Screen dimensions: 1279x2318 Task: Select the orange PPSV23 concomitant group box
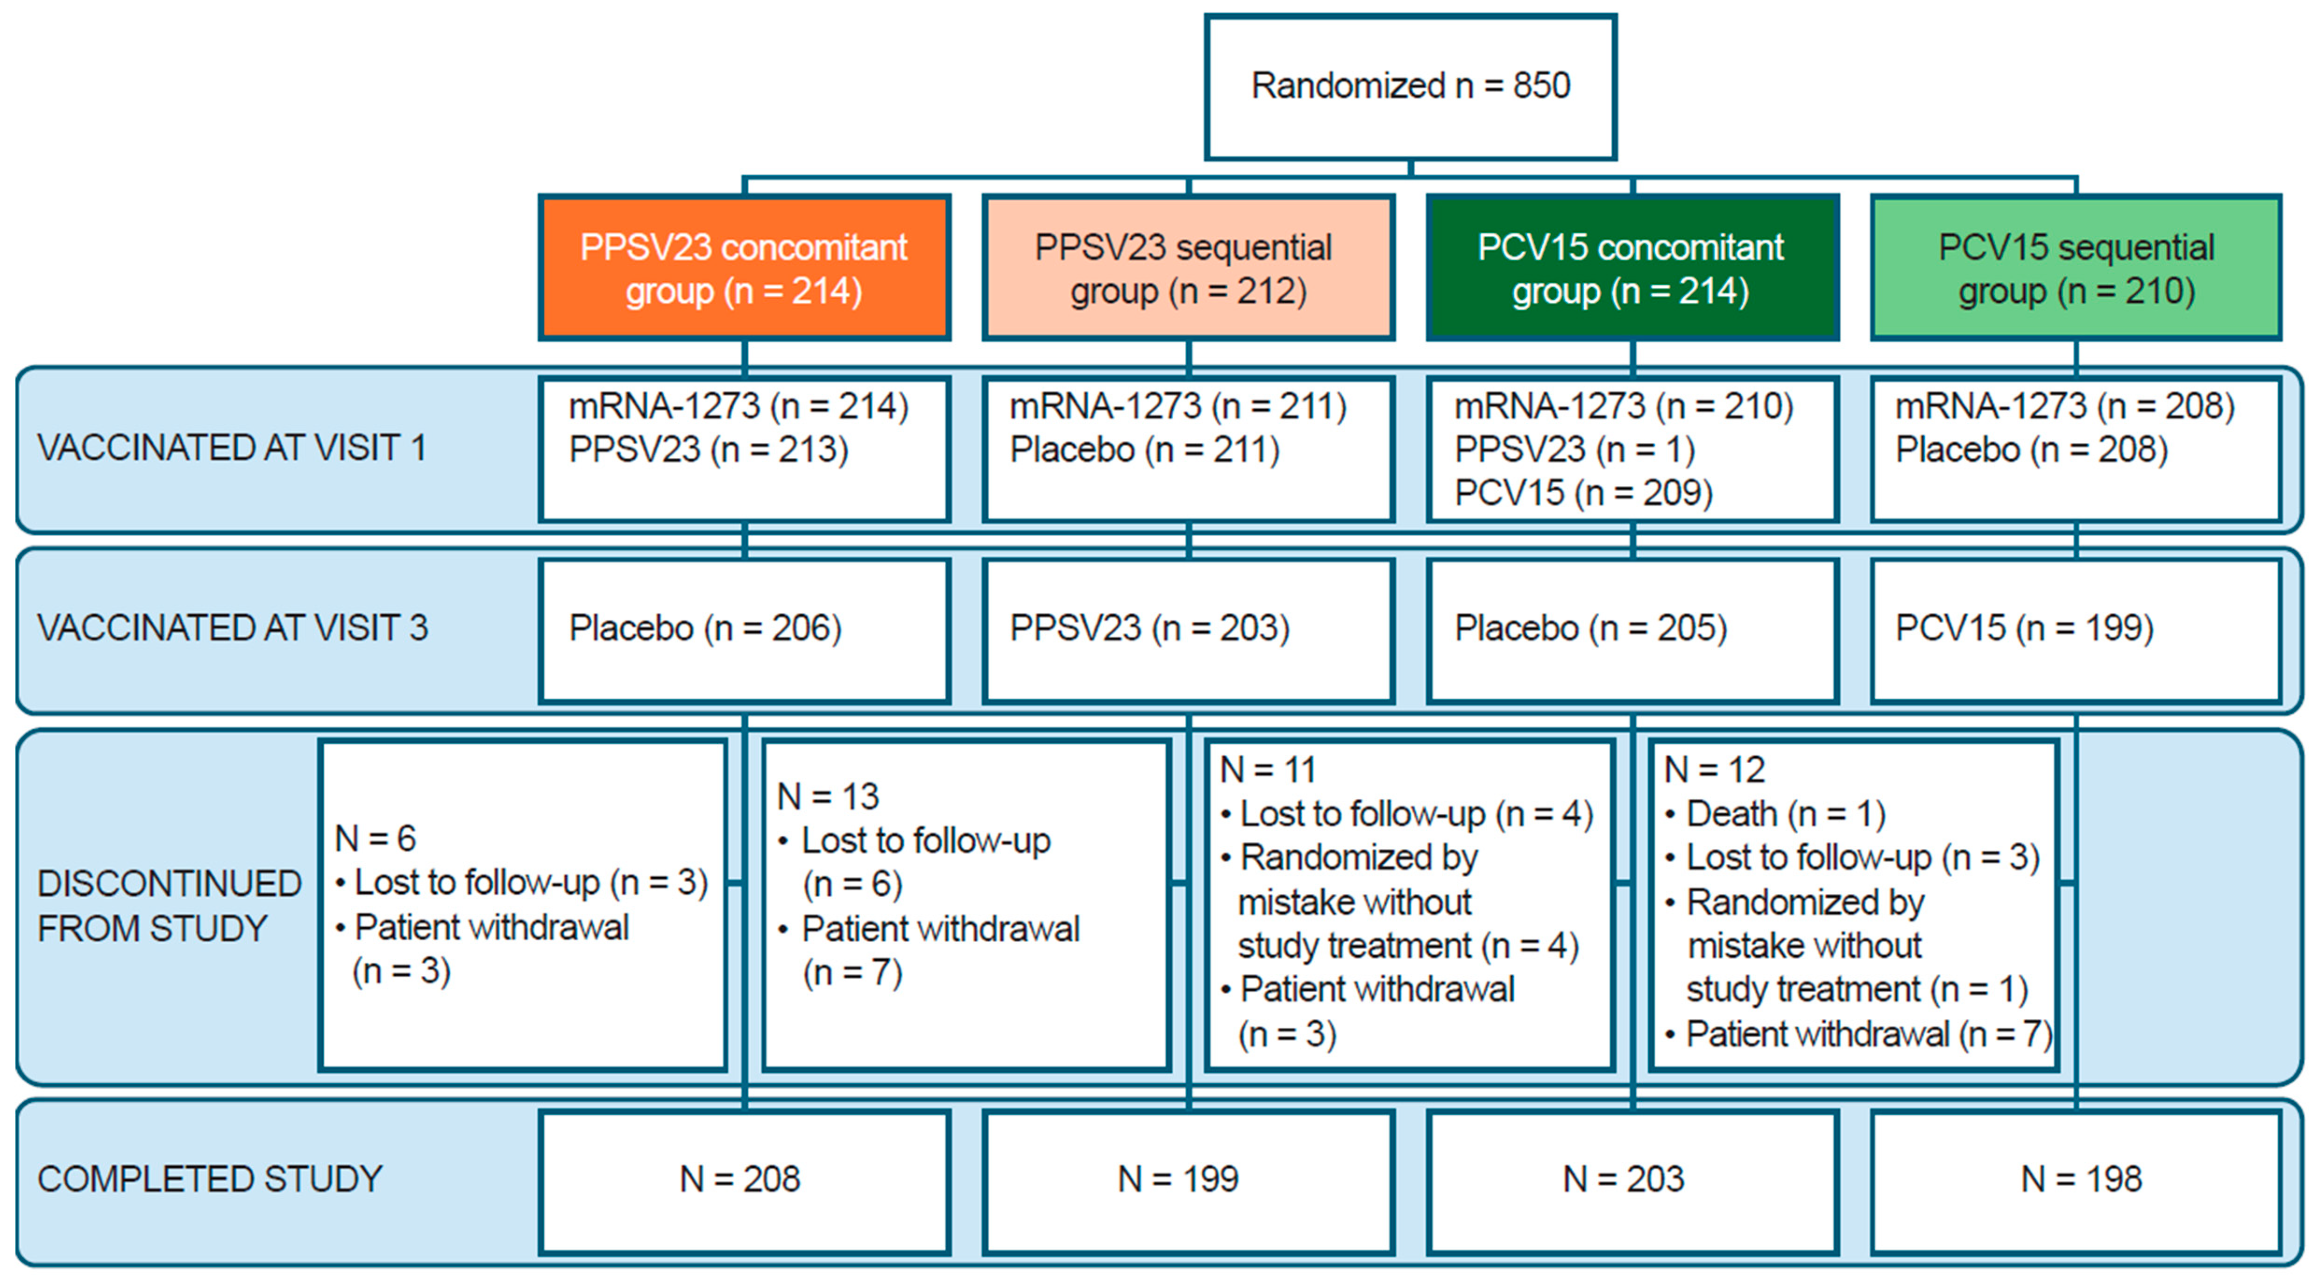(x=744, y=268)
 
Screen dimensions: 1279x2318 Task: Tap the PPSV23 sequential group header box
(x=1188, y=268)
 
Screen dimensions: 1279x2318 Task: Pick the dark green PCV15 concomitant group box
(x=1631, y=268)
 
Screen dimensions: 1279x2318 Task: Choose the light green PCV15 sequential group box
(x=2076, y=268)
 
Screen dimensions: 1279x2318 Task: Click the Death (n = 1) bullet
(x=1785, y=814)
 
